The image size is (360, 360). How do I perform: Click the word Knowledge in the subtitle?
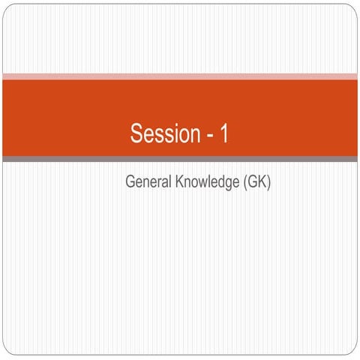[204, 183]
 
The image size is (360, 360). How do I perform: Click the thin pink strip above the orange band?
[180, 76]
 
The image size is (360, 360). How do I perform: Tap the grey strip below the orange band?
[180, 159]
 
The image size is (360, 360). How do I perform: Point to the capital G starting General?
[130, 182]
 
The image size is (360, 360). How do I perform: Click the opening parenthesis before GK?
[244, 183]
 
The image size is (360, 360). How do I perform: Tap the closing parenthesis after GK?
[268, 183]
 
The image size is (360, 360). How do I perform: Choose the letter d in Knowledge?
[217, 182]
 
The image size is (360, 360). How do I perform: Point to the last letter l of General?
[166, 182]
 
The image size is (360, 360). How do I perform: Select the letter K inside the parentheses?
[261, 182]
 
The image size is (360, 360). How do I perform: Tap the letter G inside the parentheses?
[251, 182]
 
